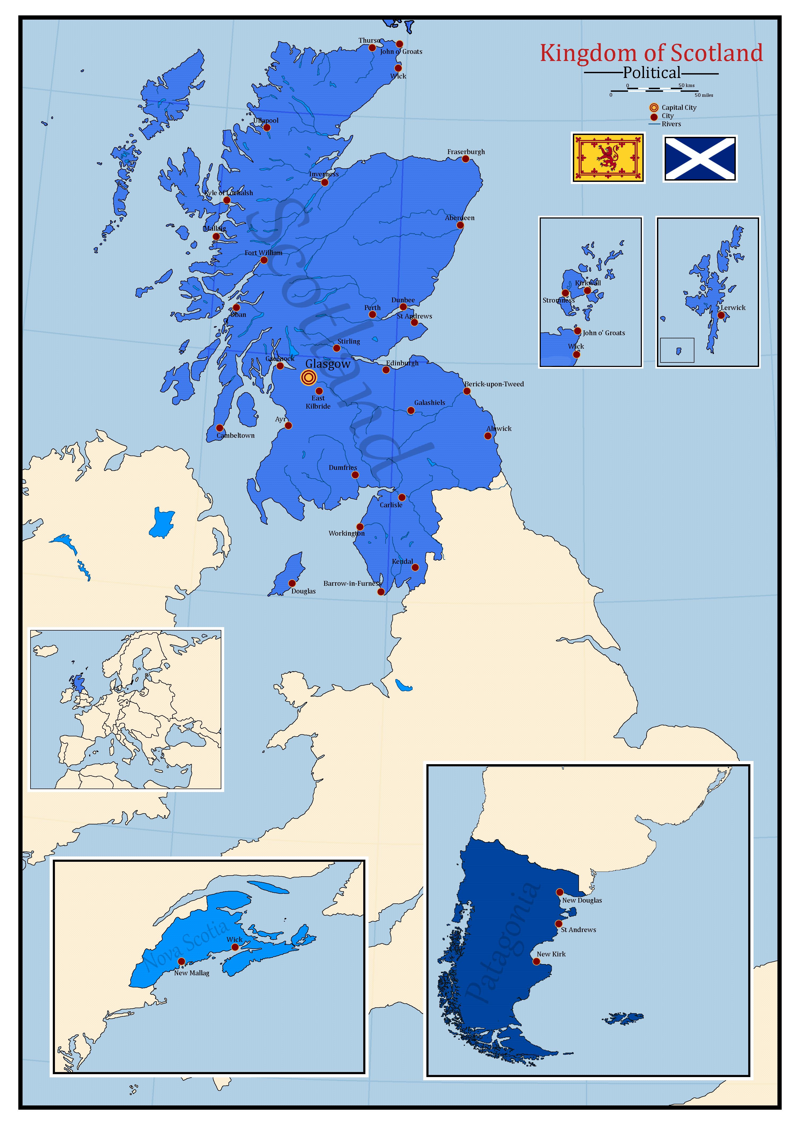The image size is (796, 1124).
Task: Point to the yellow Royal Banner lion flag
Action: [x=608, y=158]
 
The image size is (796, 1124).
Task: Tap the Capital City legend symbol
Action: [x=654, y=107]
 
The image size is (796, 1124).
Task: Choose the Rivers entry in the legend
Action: [x=671, y=124]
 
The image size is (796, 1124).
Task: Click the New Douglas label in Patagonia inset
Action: [x=582, y=900]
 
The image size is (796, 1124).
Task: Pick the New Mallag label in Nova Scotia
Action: [x=192, y=973]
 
